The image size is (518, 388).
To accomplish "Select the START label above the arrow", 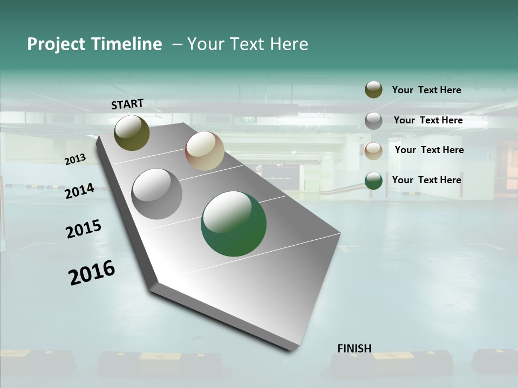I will [127, 104].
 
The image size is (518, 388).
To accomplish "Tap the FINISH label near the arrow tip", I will [355, 349].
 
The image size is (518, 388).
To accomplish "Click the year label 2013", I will [75, 160].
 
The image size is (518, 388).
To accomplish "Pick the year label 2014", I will [79, 191].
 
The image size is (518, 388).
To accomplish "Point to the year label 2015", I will [84, 229].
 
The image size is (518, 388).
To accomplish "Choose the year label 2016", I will [92, 272].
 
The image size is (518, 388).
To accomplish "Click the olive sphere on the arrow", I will [132, 133].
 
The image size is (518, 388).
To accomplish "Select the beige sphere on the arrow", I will [205, 151].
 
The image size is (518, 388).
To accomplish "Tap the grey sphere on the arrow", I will [157, 194].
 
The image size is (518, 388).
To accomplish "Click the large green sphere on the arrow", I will [234, 224].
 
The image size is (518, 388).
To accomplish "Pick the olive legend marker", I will [373, 89].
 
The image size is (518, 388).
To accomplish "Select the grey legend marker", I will [373, 121].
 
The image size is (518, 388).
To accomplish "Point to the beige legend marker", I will [373, 151].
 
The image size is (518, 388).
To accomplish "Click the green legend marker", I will [373, 181].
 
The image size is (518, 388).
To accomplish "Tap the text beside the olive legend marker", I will [426, 90].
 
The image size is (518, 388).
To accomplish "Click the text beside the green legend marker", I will [426, 180].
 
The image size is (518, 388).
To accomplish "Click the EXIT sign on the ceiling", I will [248, 119].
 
